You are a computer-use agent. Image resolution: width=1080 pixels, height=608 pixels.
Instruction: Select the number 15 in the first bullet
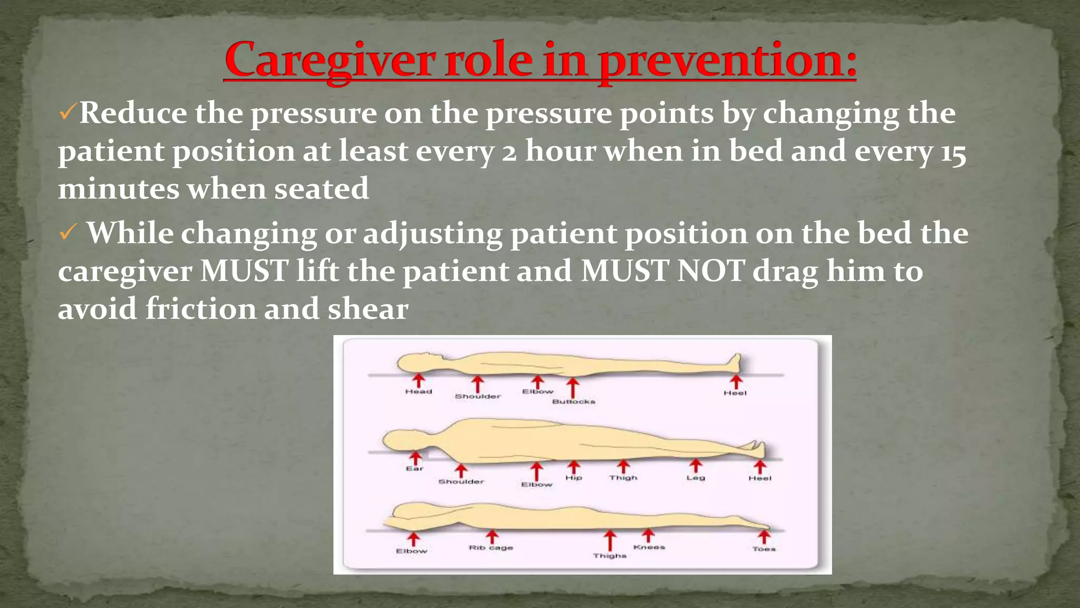coord(953,153)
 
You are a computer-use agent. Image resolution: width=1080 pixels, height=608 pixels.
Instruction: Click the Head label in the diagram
coord(419,392)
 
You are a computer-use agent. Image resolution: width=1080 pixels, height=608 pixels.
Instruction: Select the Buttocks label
coord(574,402)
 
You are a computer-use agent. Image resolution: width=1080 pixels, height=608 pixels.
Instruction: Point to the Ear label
coord(414,468)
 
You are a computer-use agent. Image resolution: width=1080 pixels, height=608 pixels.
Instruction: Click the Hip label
coord(574,478)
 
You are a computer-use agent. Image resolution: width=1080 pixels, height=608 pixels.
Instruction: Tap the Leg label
coord(696,478)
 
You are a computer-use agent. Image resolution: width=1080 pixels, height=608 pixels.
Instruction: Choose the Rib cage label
coord(491,548)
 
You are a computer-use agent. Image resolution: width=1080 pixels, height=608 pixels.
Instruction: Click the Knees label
coord(649,547)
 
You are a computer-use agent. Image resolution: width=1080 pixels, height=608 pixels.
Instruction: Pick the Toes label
coord(764,549)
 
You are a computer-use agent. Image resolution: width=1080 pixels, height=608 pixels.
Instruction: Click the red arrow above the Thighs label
coord(610,540)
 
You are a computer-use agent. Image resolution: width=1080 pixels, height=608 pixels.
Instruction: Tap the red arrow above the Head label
coord(419,380)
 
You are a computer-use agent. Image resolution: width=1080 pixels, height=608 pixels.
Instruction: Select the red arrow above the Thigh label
coord(624,466)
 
